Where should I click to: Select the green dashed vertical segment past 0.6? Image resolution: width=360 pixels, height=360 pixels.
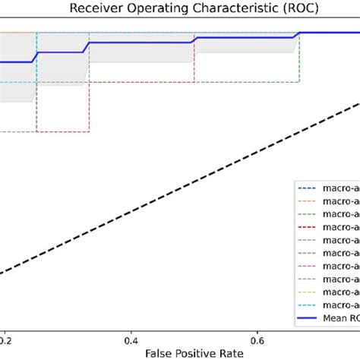(299, 61)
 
